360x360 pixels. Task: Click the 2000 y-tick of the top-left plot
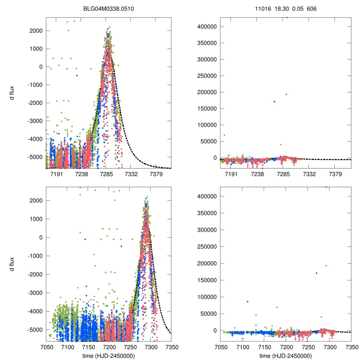click(x=36, y=31)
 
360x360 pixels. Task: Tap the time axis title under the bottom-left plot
click(x=109, y=355)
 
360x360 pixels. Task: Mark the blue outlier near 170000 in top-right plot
click(x=275, y=102)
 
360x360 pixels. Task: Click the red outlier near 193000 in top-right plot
click(x=286, y=94)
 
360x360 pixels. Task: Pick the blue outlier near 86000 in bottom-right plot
click(x=247, y=302)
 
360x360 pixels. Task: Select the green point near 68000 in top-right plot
click(x=224, y=135)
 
